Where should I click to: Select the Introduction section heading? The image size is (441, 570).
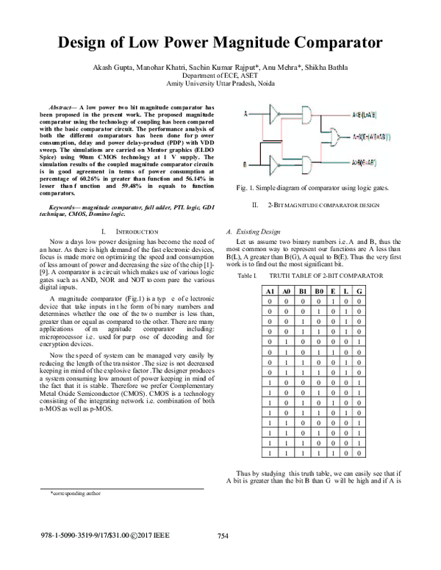132,230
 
